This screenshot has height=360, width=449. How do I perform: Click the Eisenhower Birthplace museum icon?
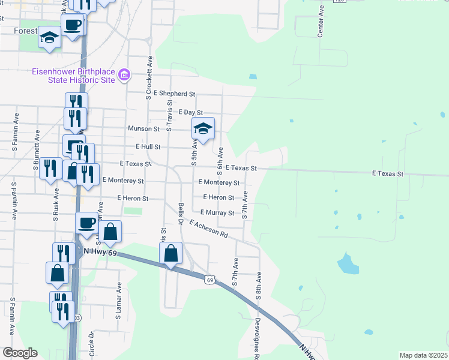click(124, 75)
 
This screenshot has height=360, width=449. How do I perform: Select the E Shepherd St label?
click(175, 94)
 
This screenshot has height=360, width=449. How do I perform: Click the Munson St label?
click(143, 128)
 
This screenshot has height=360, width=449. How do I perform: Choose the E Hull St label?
click(148, 146)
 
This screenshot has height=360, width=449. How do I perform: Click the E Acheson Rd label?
click(208, 230)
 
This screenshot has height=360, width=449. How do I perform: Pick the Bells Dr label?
click(181, 214)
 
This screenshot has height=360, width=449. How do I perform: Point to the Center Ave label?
click(321, 22)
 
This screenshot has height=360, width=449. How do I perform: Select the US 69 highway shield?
click(209, 280)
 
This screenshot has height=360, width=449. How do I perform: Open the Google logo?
click(19, 353)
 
